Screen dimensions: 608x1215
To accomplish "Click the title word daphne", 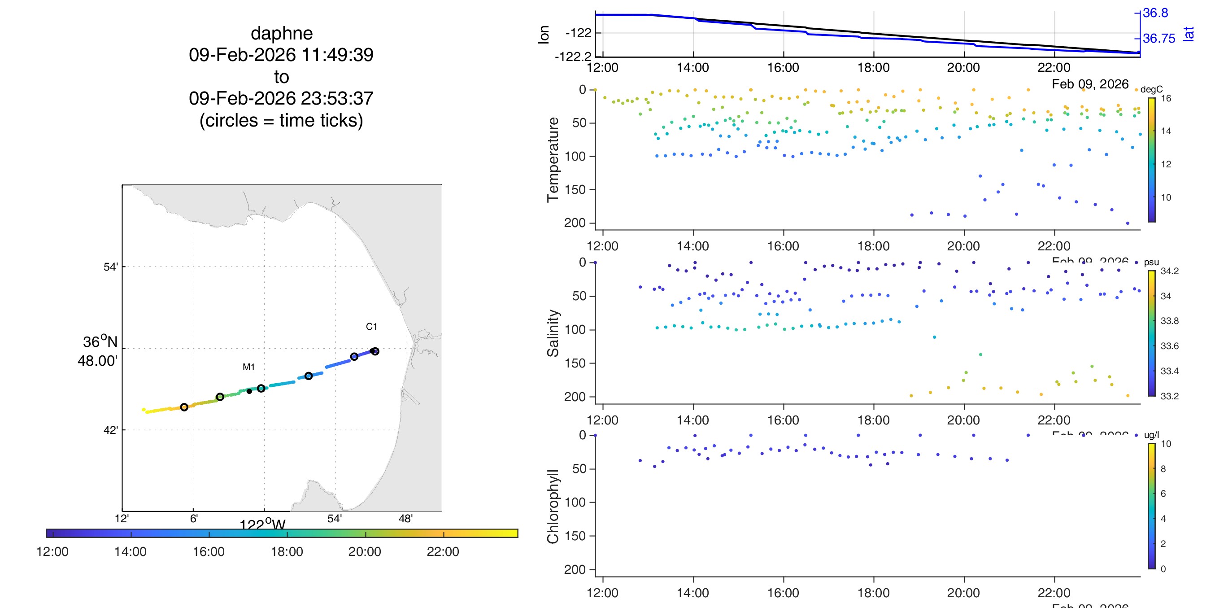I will tap(282, 34).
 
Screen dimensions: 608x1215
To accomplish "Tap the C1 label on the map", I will tap(371, 327).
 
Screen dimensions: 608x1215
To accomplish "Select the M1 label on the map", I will tap(248, 367).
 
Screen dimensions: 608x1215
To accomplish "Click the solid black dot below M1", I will tap(249, 391).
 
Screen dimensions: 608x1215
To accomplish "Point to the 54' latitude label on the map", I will tap(111, 267).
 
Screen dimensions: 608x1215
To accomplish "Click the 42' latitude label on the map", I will tap(111, 430).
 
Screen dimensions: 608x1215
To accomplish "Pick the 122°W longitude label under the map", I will tap(263, 525).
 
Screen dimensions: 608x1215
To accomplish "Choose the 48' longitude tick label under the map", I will tap(405, 519).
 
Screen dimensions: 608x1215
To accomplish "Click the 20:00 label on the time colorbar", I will tap(365, 551).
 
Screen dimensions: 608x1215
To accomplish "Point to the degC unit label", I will tap(1151, 89).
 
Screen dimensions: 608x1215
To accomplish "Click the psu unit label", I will tap(1151, 262).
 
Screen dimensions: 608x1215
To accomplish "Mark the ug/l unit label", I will tap(1151, 435).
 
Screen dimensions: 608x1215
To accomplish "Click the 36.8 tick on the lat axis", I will tap(1155, 13).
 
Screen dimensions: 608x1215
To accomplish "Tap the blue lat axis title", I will tap(1189, 34).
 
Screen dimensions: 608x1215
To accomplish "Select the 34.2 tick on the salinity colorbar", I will tap(1169, 271).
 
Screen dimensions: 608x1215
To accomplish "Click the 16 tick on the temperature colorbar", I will tap(1166, 98).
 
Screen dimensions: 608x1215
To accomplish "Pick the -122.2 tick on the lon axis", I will tap(573, 57).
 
